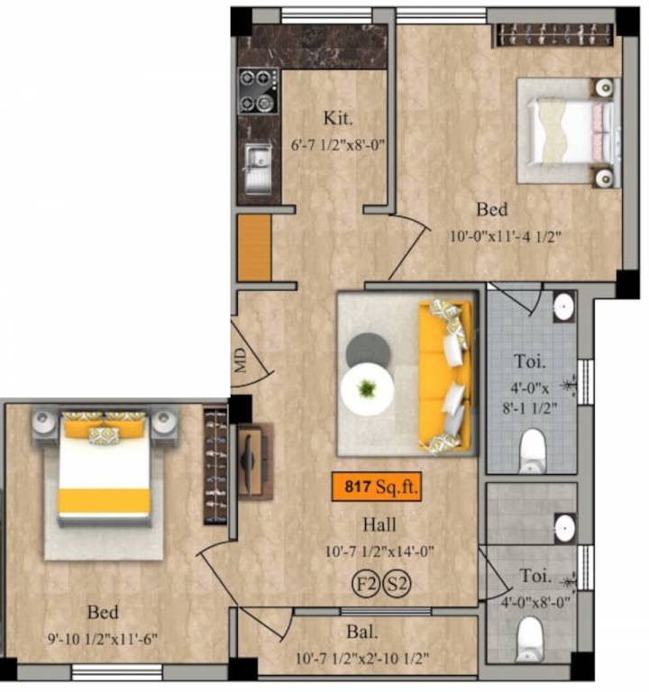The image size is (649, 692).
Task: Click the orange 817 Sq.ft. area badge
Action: pos(376,487)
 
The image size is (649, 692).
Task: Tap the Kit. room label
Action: pos(338,118)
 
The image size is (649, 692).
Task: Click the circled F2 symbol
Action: pos(365,584)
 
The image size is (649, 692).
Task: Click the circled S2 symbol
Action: pos(398,584)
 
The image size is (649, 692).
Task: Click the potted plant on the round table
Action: pos(367,389)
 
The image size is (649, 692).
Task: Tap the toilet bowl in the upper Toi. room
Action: pos(534,449)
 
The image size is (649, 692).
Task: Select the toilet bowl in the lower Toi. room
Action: pos(533,642)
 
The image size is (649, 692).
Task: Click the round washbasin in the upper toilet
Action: pos(563,305)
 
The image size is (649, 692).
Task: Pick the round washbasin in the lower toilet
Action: pos(564,528)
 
